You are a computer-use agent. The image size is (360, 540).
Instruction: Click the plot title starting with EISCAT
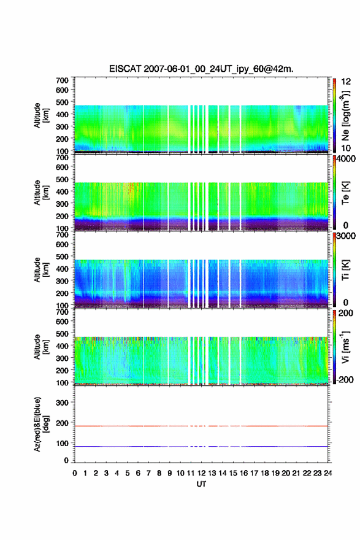(201, 69)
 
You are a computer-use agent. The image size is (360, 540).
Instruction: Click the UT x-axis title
(201, 484)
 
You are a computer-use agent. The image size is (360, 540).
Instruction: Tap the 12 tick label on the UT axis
(201, 473)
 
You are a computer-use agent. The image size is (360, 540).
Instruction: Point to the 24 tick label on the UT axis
(327, 473)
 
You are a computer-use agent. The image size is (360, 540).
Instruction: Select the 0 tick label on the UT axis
(75, 473)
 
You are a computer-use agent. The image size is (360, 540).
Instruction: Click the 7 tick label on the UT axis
(148, 473)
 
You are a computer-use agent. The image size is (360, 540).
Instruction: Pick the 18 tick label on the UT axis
(265, 473)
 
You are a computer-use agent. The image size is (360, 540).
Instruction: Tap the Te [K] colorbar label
(345, 193)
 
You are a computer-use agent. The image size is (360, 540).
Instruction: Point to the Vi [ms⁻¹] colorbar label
(345, 347)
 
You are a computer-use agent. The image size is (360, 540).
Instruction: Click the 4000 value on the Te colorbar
(347, 159)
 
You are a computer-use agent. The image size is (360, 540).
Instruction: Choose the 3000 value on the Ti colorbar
(347, 236)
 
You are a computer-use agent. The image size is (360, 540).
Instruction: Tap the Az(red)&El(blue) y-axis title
(41, 424)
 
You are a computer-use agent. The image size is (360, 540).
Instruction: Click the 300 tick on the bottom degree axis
(63, 403)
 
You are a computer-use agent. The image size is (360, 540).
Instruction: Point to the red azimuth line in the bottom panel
(201, 426)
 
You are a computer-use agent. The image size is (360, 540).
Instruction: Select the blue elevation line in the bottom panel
(201, 446)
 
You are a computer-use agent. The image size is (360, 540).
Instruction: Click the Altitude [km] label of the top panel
(41, 115)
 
